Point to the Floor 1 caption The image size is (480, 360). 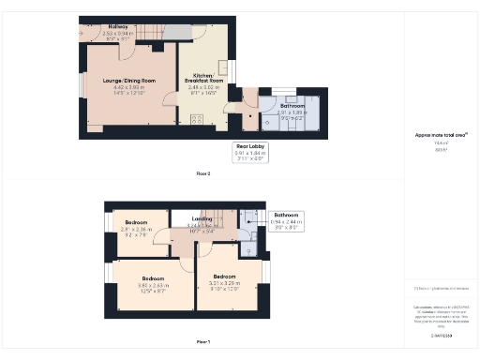(x=203, y=341)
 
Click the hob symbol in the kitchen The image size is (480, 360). (x=197, y=119)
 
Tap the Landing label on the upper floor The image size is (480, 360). (x=202, y=219)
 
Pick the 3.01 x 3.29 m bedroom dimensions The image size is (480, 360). (x=224, y=283)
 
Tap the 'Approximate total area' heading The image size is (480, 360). (x=441, y=135)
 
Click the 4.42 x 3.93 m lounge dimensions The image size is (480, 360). (x=129, y=92)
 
